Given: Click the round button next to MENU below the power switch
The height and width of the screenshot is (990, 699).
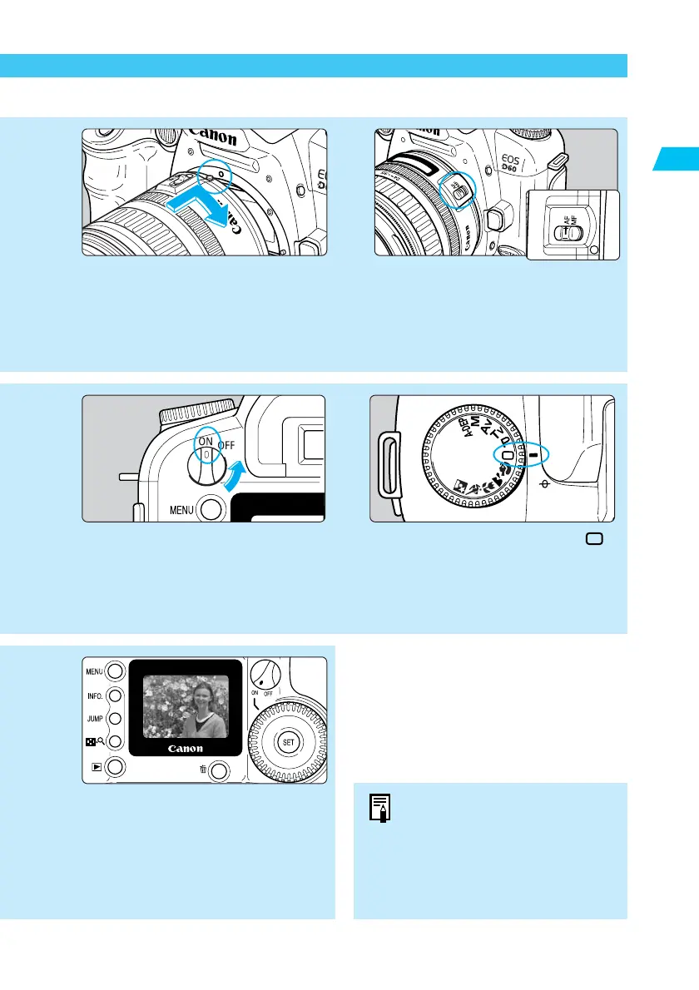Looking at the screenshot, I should click(x=212, y=507).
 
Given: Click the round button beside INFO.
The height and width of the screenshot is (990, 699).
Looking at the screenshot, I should click(x=116, y=695).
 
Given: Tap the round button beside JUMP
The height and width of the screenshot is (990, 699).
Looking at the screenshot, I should click(x=116, y=718).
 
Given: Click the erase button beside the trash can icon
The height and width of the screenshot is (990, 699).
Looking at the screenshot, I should click(x=219, y=771).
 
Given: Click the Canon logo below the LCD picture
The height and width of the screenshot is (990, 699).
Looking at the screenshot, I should click(x=185, y=749).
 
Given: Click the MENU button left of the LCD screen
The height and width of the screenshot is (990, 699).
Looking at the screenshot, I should click(x=116, y=671).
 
